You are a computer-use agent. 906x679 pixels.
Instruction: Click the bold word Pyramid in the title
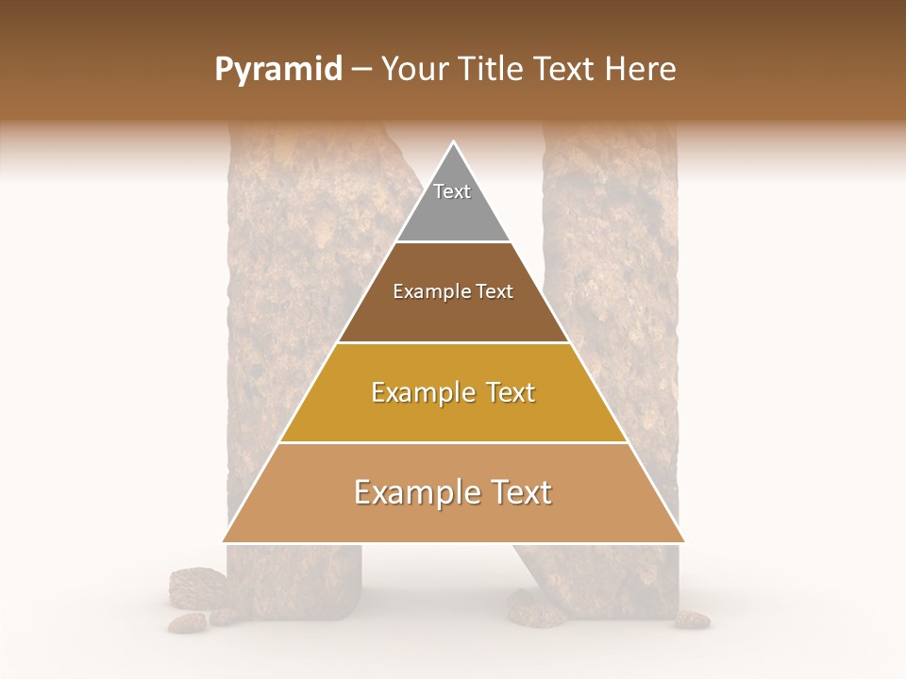coord(278,70)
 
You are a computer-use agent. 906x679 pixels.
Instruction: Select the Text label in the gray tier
coord(452,191)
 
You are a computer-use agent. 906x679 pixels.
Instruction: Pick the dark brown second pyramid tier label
coord(453,291)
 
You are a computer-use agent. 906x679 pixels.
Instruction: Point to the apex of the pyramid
coord(454,142)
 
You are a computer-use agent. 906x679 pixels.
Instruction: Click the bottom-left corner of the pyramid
coord(224,542)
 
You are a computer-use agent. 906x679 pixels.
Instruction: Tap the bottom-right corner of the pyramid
coord(683,542)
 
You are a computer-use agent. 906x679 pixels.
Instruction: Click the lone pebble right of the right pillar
coord(693,620)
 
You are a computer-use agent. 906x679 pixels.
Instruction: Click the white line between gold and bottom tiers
coord(453,442)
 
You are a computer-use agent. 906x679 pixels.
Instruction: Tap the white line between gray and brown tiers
coord(453,242)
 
